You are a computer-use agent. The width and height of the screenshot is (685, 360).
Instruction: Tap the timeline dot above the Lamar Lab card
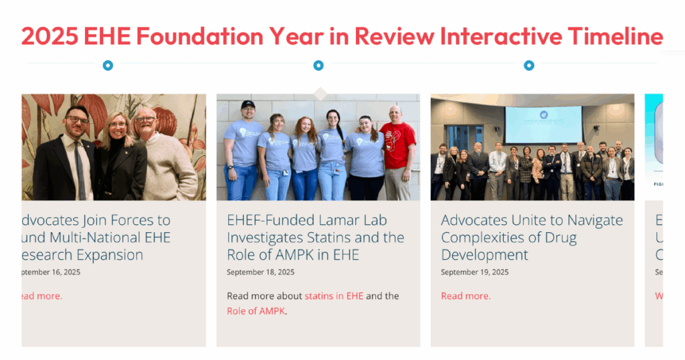[x=318, y=66]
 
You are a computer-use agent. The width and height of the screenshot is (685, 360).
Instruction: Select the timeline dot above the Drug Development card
[x=529, y=66]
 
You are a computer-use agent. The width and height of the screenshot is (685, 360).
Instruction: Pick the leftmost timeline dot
[x=108, y=66]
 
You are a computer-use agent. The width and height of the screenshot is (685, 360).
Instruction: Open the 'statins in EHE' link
[x=334, y=296]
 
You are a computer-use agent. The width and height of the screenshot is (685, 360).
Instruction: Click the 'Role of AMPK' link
[x=256, y=310]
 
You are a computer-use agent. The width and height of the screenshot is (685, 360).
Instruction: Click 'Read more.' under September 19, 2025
[x=466, y=296]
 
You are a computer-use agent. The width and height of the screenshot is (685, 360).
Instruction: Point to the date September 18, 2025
[x=260, y=272]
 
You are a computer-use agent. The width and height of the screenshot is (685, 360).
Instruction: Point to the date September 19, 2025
[x=474, y=272]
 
